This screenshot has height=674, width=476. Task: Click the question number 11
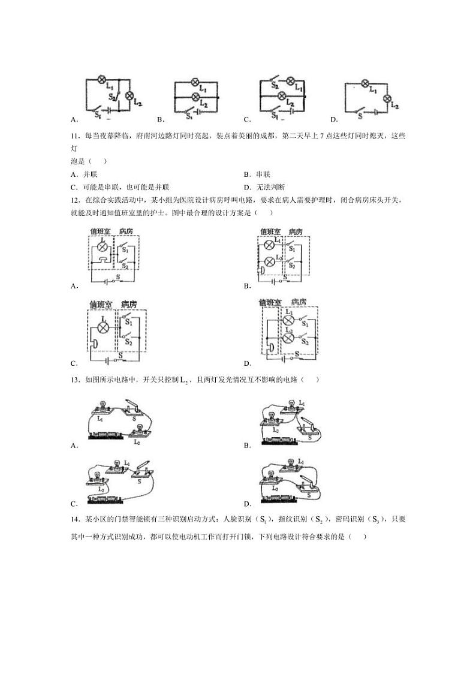[x=74, y=136]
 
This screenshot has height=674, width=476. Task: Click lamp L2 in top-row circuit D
[x=387, y=98]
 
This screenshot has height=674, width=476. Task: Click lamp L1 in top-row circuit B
[x=195, y=83]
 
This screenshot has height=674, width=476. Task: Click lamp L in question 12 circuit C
[x=104, y=328]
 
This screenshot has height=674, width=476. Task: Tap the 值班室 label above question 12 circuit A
[x=100, y=231]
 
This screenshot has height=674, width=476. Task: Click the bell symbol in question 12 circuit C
[x=94, y=344]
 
